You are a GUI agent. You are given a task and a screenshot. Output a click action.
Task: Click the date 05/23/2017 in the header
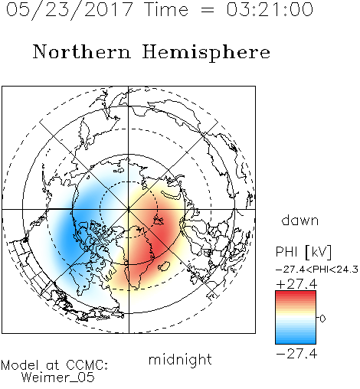pos(70,10)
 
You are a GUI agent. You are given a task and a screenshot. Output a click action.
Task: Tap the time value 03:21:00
pos(270,9)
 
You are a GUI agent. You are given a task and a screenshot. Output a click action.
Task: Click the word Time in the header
pos(166,9)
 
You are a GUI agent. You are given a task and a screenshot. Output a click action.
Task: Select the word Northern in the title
pos(82,52)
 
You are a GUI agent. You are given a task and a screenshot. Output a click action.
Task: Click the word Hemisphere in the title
pos(206,53)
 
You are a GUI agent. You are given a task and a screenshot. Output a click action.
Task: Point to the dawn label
pos(300,220)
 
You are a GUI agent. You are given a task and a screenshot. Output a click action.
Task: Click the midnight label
pos(180,359)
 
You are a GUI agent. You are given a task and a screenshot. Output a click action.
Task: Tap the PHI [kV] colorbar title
pos(303,252)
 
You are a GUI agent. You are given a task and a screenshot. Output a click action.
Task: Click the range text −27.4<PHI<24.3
pos(317,270)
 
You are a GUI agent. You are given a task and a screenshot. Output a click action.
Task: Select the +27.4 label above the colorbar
pos(296,284)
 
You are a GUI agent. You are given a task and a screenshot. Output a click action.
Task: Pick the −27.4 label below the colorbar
pos(296,354)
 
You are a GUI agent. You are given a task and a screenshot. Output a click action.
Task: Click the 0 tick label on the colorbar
pos(322,319)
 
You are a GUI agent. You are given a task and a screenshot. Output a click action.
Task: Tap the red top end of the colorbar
pos(296,293)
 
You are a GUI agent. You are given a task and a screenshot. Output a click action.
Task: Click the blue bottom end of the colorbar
pos(296,342)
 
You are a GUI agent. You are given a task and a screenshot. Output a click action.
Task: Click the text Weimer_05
pos(58,378)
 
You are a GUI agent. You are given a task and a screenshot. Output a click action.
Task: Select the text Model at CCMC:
pos(54,365)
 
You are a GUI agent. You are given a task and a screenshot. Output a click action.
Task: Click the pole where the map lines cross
pos(129,209)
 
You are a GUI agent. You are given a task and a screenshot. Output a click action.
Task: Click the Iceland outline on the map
pos(164,266)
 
